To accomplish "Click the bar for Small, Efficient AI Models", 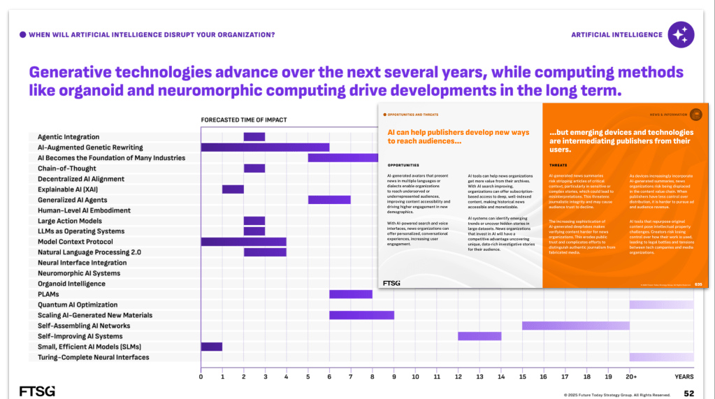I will coord(211,347).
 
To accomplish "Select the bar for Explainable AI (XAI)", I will coord(233,189).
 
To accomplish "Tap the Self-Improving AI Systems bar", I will coord(479,336).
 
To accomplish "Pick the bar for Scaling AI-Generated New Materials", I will coord(361,315).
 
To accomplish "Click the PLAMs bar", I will coord(351,294).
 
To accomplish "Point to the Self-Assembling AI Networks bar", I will coord(575,326).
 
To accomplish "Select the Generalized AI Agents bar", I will coord(329,200).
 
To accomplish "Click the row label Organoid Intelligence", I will coord(71,284).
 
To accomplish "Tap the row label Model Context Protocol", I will coord(75,242).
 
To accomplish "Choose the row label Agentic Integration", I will coord(68,137).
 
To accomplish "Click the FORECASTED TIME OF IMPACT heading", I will coord(243,120).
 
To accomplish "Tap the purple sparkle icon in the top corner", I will coord(681,34).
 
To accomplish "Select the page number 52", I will coord(688,393).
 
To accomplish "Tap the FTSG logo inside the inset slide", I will coord(392,283).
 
